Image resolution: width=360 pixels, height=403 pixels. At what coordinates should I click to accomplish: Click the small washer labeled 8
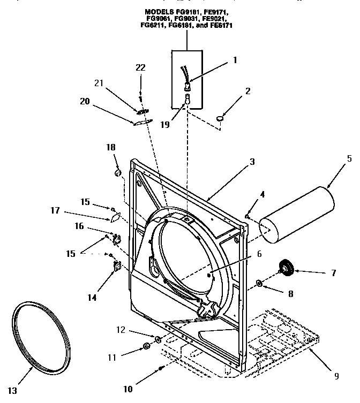259,283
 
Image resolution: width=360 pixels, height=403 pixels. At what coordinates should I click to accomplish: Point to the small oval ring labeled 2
221,117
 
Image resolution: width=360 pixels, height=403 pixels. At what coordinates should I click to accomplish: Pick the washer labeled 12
158,339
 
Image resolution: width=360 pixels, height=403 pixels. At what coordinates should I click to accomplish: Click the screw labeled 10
161,368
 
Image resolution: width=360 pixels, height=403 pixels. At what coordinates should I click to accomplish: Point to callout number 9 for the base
336,376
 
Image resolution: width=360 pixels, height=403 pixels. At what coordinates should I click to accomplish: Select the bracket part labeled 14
115,265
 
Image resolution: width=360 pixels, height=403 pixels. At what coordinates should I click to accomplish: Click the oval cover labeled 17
114,217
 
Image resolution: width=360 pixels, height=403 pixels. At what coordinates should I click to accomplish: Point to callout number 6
259,254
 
